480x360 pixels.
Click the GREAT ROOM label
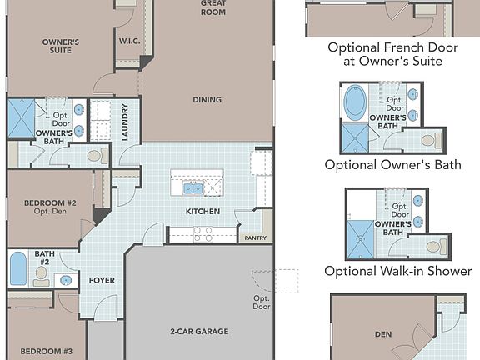click(213, 7)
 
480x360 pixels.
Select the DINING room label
click(207, 100)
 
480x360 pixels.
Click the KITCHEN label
click(202, 212)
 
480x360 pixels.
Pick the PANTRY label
click(254, 237)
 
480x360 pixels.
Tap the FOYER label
click(102, 280)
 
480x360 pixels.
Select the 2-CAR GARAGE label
click(199, 332)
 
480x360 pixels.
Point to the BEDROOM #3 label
click(47, 352)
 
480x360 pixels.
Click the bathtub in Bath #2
click(17, 268)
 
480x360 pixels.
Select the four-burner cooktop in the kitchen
click(203, 234)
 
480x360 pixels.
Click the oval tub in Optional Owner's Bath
click(355, 104)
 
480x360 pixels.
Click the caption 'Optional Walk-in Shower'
click(397, 271)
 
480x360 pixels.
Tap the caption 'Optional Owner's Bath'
click(392, 165)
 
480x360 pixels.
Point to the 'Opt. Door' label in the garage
click(262, 302)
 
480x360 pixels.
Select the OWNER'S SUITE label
click(61, 46)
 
